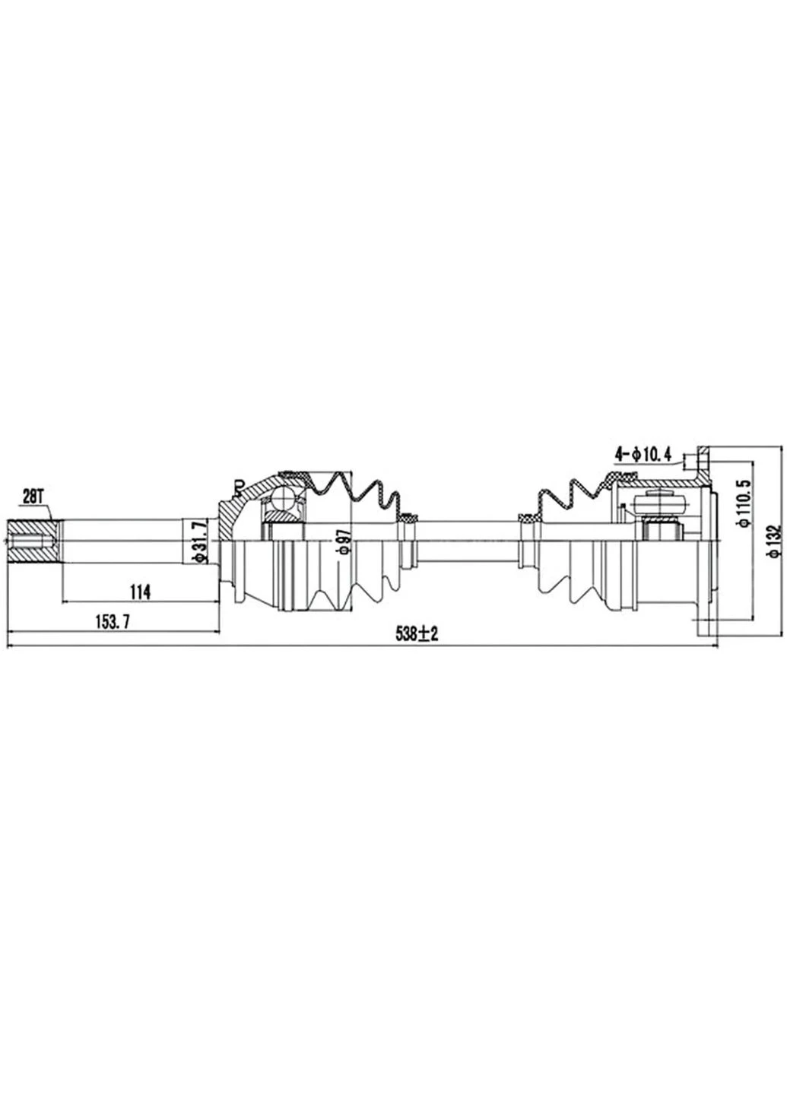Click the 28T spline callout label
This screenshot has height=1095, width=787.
tap(34, 497)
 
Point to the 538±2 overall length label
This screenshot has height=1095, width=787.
tap(417, 634)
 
